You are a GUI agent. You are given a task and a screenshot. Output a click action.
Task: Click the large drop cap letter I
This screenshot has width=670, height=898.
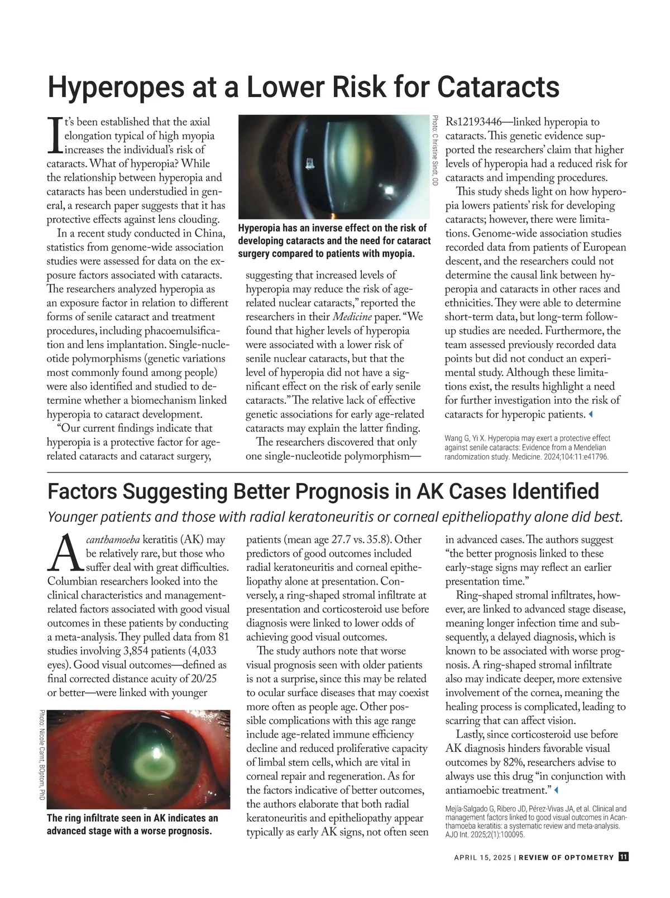click(55, 134)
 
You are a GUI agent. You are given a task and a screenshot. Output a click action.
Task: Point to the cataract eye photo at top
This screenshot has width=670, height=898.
click(333, 166)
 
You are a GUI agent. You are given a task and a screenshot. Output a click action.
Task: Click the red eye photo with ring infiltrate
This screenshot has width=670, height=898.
click(138, 759)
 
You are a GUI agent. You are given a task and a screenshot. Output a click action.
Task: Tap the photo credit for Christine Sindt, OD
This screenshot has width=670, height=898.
click(435, 150)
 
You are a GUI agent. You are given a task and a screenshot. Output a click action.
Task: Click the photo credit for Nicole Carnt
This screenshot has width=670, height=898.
click(42, 756)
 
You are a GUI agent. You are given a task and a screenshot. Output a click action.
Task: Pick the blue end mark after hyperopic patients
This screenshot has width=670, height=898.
click(591, 414)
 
